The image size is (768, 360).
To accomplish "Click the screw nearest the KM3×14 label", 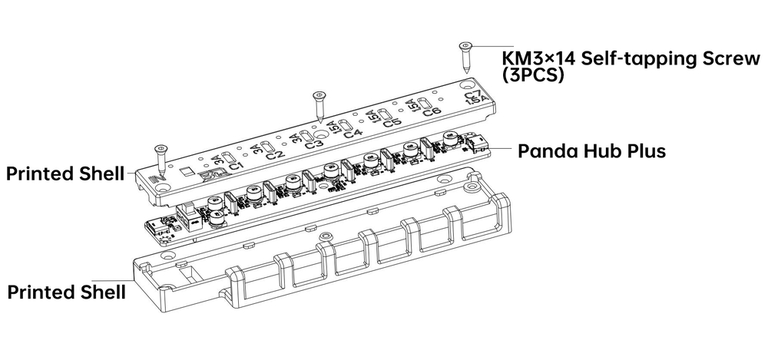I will pyautogui.click(x=465, y=57).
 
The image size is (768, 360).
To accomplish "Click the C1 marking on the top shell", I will pyautogui.click(x=235, y=165).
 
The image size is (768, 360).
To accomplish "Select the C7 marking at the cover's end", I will pyautogui.click(x=473, y=97).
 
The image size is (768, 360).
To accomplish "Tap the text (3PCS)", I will pyautogui.click(x=533, y=76).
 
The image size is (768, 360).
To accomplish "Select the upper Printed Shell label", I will pyautogui.click(x=65, y=174).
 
